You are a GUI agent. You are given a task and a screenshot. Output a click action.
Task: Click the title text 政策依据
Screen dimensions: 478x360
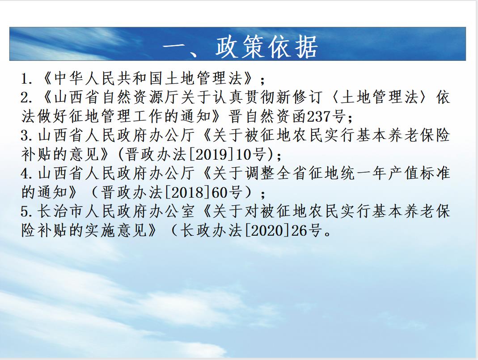coord(267,47)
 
